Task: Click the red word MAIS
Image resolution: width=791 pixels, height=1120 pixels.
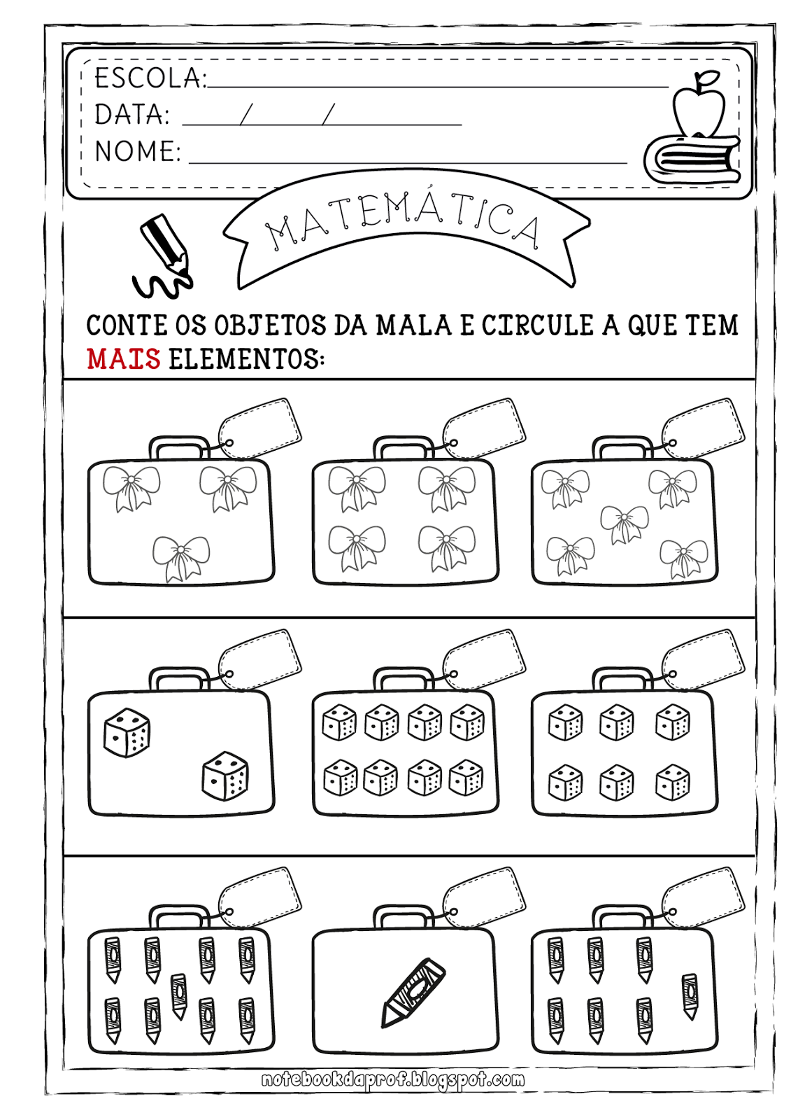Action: pos(123,359)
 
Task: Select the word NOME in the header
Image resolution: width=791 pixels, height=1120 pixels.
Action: pos(137,151)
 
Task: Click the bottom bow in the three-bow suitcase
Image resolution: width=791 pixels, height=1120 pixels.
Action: pos(181,559)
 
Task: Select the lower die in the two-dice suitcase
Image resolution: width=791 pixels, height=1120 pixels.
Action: pos(225,776)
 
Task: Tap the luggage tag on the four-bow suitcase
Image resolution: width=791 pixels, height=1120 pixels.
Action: pos(484,428)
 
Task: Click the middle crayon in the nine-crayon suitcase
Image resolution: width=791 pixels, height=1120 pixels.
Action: pos(178,997)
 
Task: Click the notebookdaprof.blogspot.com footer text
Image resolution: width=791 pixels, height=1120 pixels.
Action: pos(393,1079)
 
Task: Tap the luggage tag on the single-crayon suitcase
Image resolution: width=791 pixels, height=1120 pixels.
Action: pos(484,897)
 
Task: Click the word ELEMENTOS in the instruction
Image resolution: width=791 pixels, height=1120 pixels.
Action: pos(246,359)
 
